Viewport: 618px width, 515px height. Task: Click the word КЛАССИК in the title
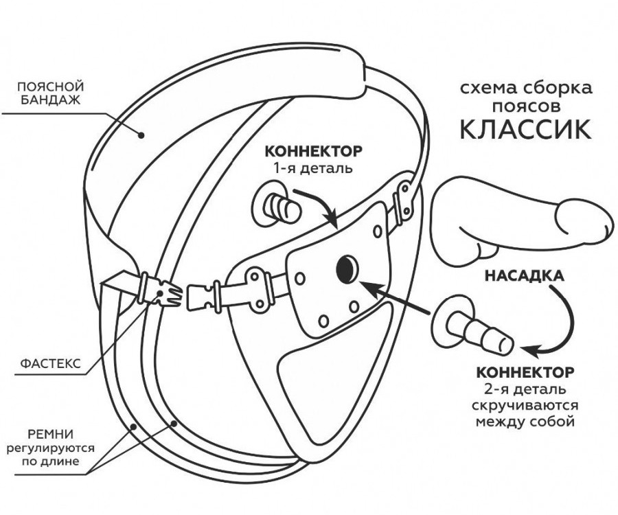[x=524, y=129]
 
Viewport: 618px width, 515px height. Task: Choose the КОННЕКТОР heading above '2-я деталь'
[x=525, y=373]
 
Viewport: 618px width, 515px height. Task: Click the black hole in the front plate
[x=345, y=268]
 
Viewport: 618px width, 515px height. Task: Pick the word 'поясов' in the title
[x=524, y=108]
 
